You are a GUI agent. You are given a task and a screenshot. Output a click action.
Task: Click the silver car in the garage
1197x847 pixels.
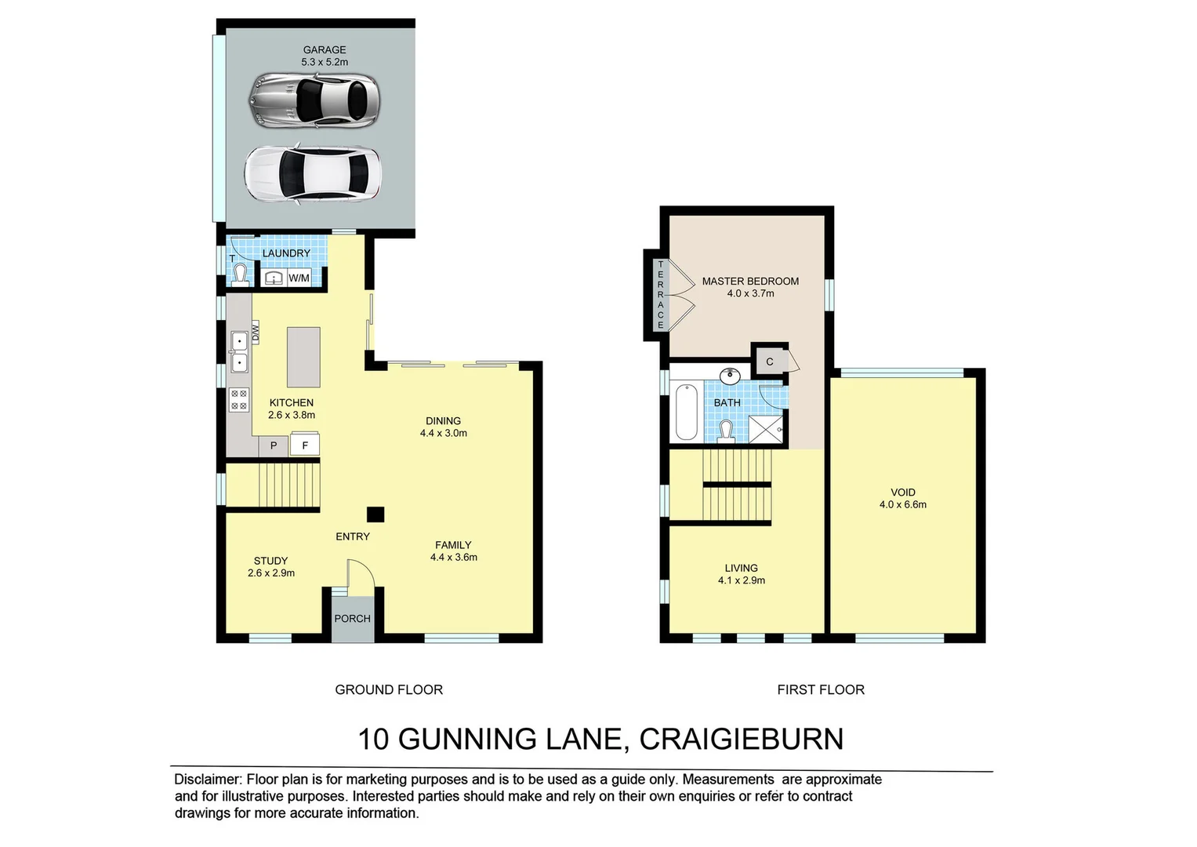(x=314, y=100)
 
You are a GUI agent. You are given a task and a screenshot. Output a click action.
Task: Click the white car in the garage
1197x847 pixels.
(x=312, y=174)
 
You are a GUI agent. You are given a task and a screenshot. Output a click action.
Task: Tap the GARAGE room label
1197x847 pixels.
(x=325, y=49)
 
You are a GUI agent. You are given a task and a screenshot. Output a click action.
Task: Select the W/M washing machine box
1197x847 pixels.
(x=299, y=278)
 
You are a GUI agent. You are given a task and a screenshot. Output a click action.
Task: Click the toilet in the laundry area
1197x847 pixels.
(x=239, y=274)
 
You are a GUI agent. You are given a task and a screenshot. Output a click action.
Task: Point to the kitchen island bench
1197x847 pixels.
(x=303, y=357)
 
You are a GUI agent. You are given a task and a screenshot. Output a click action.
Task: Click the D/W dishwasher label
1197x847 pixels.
(x=255, y=333)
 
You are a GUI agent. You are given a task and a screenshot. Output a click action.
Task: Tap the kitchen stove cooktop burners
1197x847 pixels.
(x=238, y=400)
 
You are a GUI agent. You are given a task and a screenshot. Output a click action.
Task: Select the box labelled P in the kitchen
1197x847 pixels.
(x=274, y=445)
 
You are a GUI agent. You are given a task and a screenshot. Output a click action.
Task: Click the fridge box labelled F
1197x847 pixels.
(x=305, y=445)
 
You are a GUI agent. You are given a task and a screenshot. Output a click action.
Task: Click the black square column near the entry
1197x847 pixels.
(x=376, y=514)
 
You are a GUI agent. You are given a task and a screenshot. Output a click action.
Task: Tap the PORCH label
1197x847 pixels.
(x=352, y=618)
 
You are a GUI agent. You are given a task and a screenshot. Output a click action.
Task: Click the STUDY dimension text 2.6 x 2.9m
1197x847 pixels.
(x=271, y=573)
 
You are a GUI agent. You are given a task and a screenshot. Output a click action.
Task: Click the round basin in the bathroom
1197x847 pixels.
(x=730, y=375)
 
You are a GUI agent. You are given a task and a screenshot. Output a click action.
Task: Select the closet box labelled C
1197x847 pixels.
(x=770, y=362)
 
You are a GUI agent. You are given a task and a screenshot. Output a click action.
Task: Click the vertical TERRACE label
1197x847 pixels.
(x=660, y=295)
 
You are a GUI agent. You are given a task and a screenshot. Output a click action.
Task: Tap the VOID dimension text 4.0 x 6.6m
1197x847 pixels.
(x=903, y=505)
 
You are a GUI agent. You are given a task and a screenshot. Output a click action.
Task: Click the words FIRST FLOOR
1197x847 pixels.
(x=821, y=689)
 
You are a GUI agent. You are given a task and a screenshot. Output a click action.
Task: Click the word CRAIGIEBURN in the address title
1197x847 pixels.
(x=741, y=739)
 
